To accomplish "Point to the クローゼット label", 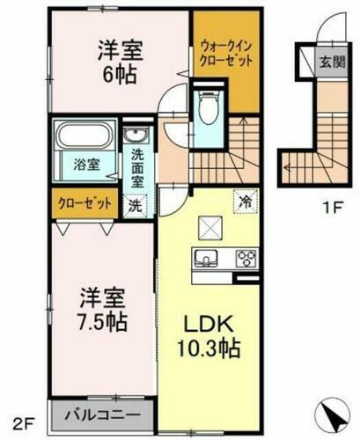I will coord(84,202).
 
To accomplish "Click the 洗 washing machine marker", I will coord(136,205).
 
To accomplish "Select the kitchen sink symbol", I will coord(207,259).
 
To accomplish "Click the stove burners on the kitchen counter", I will coord(246,259).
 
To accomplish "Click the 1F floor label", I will coord(331,208).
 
